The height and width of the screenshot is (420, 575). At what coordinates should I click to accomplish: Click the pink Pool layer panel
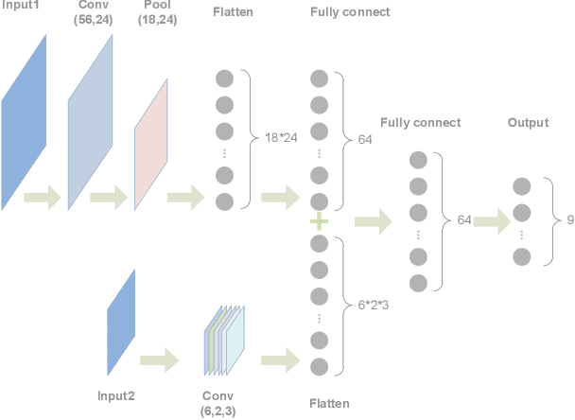pos(151,144)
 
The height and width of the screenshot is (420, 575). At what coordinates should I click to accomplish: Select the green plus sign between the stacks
pos(319,221)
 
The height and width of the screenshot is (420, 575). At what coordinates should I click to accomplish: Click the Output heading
pos(528,123)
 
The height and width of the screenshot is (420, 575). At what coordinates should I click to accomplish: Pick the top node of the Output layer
pos(521,186)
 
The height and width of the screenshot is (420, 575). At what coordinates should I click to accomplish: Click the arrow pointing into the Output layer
pos(491,221)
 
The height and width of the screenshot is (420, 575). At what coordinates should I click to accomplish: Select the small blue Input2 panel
pos(122,322)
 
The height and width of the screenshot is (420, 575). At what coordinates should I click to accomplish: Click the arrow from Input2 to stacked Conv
pos(159,359)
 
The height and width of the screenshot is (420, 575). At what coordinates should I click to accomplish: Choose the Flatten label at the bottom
pos(329,404)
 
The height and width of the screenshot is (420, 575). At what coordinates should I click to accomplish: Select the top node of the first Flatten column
pos(224,79)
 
